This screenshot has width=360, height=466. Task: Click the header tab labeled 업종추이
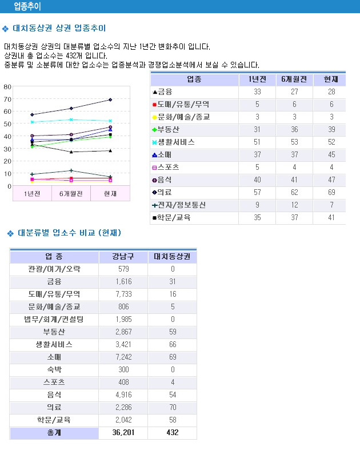point(27,6)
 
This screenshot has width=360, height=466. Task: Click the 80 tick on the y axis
point(7,87)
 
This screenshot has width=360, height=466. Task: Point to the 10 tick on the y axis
point(7,173)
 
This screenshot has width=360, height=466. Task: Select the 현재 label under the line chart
point(110,194)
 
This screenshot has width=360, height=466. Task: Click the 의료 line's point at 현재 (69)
point(110,99)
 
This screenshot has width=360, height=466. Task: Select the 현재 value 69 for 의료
point(331,192)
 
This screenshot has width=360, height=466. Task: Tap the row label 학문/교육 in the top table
point(174,217)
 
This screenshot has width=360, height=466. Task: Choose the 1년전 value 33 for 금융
point(257,91)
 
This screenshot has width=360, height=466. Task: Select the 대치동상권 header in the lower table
point(172,257)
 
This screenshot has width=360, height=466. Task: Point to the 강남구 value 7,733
point(123,294)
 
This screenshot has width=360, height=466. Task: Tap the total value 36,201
point(123,433)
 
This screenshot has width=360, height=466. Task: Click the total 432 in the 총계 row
point(172,433)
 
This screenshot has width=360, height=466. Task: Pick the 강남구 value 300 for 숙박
point(123,370)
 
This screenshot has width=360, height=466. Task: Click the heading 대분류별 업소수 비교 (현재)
point(69,233)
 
